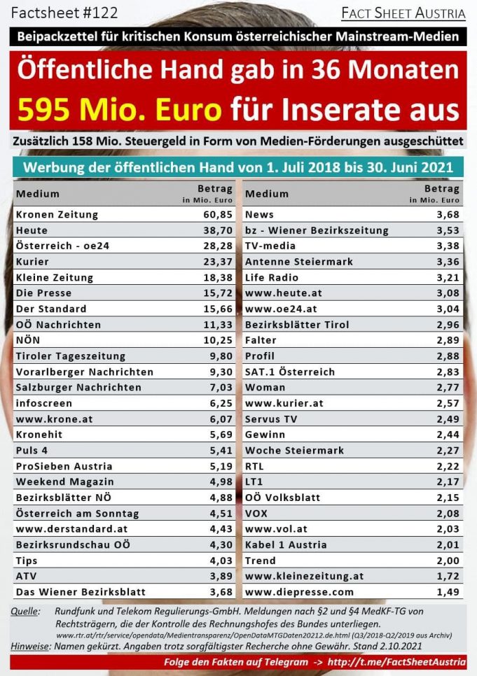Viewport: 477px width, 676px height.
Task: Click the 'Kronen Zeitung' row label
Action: [x=57, y=214]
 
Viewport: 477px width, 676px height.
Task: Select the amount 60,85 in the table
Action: [x=217, y=214]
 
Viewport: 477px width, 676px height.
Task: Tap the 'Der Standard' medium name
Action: [x=51, y=309]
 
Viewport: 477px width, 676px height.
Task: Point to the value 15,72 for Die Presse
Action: [x=217, y=293]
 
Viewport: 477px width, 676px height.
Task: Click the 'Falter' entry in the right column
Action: [x=261, y=340]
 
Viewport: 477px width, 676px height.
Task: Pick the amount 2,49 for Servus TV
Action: [x=447, y=419]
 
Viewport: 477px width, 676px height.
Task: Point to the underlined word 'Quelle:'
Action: [x=26, y=612]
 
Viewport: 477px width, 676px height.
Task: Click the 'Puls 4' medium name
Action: [x=34, y=451]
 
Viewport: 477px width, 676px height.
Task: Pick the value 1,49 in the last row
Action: [x=447, y=592]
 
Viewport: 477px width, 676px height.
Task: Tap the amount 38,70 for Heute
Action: [x=217, y=230]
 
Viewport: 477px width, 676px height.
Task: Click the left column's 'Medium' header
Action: [x=38, y=194]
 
